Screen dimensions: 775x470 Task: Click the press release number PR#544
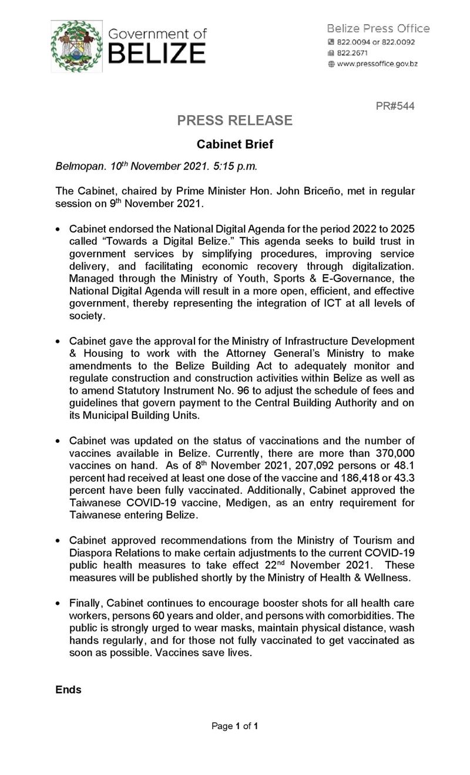tap(394, 106)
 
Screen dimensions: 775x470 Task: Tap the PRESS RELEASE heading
tap(235, 121)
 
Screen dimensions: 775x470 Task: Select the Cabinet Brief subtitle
tap(234, 144)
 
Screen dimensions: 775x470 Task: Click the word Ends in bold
tap(68, 690)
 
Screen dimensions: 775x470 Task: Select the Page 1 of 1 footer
tap(235, 726)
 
